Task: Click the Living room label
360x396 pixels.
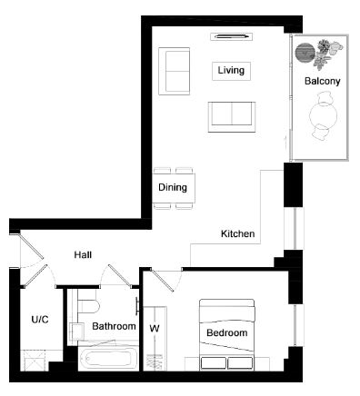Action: (231, 70)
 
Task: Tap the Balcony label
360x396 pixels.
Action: (322, 81)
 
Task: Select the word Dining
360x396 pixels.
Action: (173, 187)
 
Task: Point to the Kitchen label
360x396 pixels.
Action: (237, 233)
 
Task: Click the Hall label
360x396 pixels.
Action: (83, 254)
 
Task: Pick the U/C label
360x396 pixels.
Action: (40, 320)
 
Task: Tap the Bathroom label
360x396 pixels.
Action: (114, 326)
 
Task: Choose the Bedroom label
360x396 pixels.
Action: (227, 332)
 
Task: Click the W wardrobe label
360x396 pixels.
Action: (155, 328)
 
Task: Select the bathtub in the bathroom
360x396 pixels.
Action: (108, 359)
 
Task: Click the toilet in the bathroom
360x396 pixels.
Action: (87, 303)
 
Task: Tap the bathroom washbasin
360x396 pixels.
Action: (76, 332)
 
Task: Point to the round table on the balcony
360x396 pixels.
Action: (323, 116)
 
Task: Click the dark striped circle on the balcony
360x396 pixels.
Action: (305, 53)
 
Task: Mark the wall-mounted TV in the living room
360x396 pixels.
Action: (232, 36)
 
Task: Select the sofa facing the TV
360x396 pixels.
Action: (232, 117)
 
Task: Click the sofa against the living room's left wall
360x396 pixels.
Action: (175, 72)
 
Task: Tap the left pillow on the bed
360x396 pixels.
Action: (214, 363)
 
